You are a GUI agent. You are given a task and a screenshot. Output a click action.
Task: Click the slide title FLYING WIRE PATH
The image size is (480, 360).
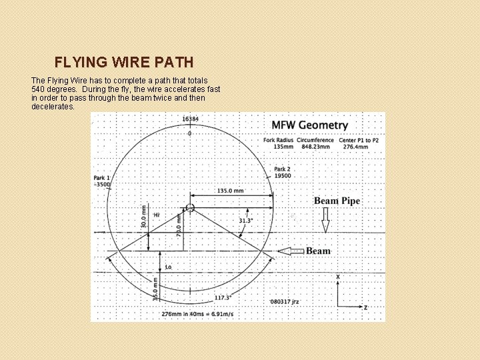(x=124, y=63)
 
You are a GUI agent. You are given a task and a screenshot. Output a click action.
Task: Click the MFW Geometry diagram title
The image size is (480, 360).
(x=309, y=125)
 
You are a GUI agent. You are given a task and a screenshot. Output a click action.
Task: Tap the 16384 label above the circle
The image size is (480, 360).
(x=190, y=119)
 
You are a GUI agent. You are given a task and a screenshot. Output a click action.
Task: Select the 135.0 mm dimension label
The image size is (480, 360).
(x=230, y=191)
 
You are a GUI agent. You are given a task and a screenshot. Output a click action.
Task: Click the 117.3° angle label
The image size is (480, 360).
(x=223, y=298)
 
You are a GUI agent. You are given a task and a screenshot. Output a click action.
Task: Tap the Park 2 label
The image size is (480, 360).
(x=282, y=169)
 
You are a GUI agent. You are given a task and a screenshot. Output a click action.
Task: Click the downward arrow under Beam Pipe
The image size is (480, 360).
(x=325, y=219)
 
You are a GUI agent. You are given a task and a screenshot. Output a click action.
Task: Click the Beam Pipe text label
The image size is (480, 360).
(x=337, y=201)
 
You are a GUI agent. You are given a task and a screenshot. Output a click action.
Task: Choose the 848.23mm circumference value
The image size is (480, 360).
(x=315, y=147)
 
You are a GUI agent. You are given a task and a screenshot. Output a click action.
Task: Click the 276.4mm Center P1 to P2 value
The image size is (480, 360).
(x=360, y=147)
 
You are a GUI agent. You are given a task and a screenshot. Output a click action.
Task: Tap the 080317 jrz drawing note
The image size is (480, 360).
(x=285, y=302)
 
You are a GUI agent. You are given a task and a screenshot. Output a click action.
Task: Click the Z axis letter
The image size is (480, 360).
(x=365, y=308)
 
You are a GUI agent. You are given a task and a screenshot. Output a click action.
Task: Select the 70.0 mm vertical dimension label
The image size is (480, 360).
(x=179, y=225)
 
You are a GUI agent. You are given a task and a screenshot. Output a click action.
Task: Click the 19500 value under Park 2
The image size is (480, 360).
(x=282, y=176)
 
